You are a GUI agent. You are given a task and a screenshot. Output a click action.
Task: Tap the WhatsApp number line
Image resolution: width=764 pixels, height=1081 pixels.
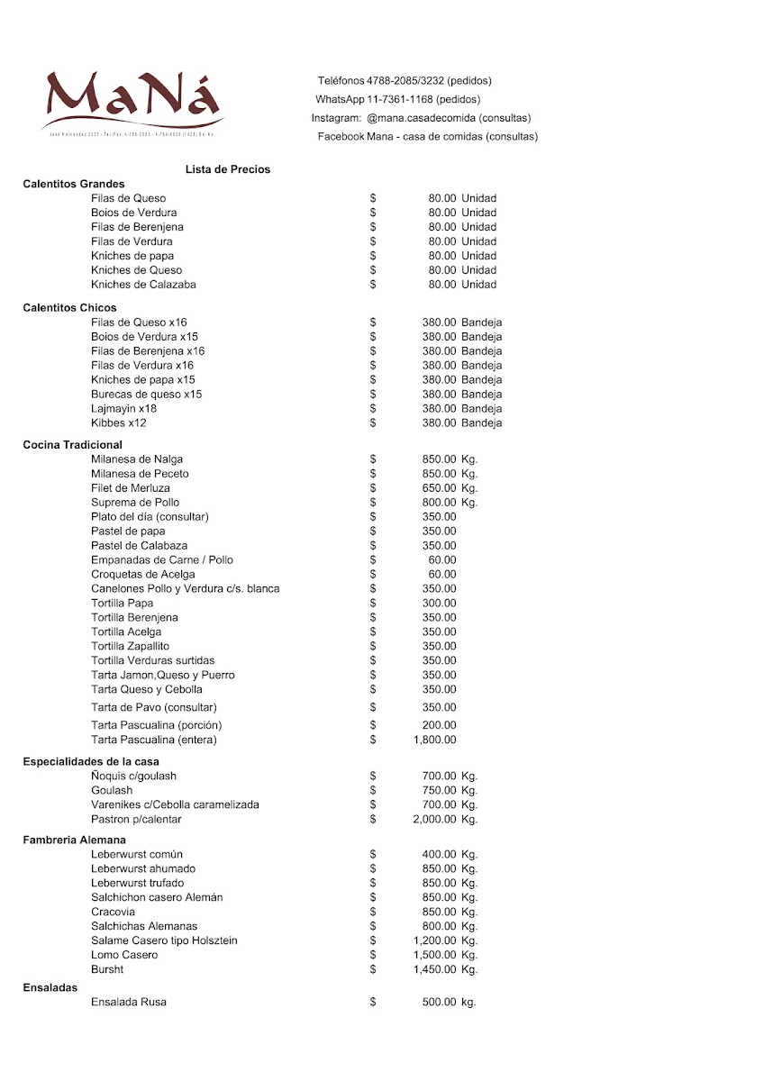pyautogui.click(x=397, y=99)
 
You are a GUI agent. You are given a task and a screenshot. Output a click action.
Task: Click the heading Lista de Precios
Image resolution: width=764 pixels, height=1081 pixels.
pyautogui.click(x=228, y=169)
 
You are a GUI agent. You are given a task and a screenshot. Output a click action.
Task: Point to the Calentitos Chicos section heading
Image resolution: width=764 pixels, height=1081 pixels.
pyautogui.click(x=69, y=308)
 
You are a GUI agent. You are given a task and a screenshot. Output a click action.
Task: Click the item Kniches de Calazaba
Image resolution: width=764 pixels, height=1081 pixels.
pyautogui.click(x=143, y=285)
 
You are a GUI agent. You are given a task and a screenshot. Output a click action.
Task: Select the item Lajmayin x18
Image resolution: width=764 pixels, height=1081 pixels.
pyautogui.click(x=123, y=409)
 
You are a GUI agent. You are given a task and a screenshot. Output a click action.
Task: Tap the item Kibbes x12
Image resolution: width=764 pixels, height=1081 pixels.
pyautogui.click(x=118, y=423)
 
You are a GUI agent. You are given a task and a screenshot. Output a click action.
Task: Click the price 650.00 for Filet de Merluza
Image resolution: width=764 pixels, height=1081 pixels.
pyautogui.click(x=439, y=488)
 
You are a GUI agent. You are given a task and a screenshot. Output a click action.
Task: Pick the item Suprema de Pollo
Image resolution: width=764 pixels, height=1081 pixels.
pyautogui.click(x=135, y=503)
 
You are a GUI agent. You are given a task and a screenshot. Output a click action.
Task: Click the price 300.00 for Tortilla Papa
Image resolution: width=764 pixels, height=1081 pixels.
pyautogui.click(x=439, y=604)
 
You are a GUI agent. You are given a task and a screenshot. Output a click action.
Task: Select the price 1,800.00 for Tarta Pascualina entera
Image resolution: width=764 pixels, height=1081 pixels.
pyautogui.click(x=434, y=740)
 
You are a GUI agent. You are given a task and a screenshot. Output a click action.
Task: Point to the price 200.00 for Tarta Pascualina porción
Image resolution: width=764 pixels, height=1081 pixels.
pyautogui.click(x=439, y=726)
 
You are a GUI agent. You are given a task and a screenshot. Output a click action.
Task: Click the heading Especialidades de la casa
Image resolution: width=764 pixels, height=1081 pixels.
pyautogui.click(x=91, y=762)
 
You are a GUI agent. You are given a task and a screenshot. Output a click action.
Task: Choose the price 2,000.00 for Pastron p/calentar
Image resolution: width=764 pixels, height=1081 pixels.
pyautogui.click(x=434, y=820)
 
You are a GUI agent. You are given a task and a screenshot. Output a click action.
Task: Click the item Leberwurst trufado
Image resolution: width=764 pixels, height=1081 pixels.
pyautogui.click(x=137, y=883)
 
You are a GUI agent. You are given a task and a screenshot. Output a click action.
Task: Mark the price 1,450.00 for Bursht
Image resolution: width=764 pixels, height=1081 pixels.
pyautogui.click(x=434, y=969)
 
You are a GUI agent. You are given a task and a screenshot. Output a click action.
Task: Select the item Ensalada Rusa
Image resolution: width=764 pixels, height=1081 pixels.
pyautogui.click(x=129, y=1002)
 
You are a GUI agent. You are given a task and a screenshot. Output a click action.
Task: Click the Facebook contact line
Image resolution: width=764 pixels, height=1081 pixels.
pyautogui.click(x=427, y=137)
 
